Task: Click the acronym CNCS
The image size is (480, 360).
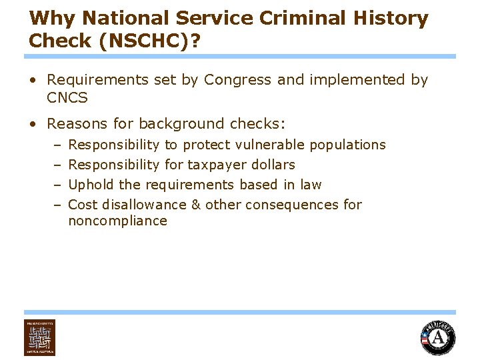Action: point(67,98)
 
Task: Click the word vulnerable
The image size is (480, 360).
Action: point(271,145)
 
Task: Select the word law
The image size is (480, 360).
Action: point(311,185)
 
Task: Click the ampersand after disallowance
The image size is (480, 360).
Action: point(196,205)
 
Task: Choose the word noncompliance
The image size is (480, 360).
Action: point(117,221)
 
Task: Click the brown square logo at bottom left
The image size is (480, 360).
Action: point(39,337)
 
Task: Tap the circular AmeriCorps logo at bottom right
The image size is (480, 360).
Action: point(438,337)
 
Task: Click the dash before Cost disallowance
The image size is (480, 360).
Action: point(57,205)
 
